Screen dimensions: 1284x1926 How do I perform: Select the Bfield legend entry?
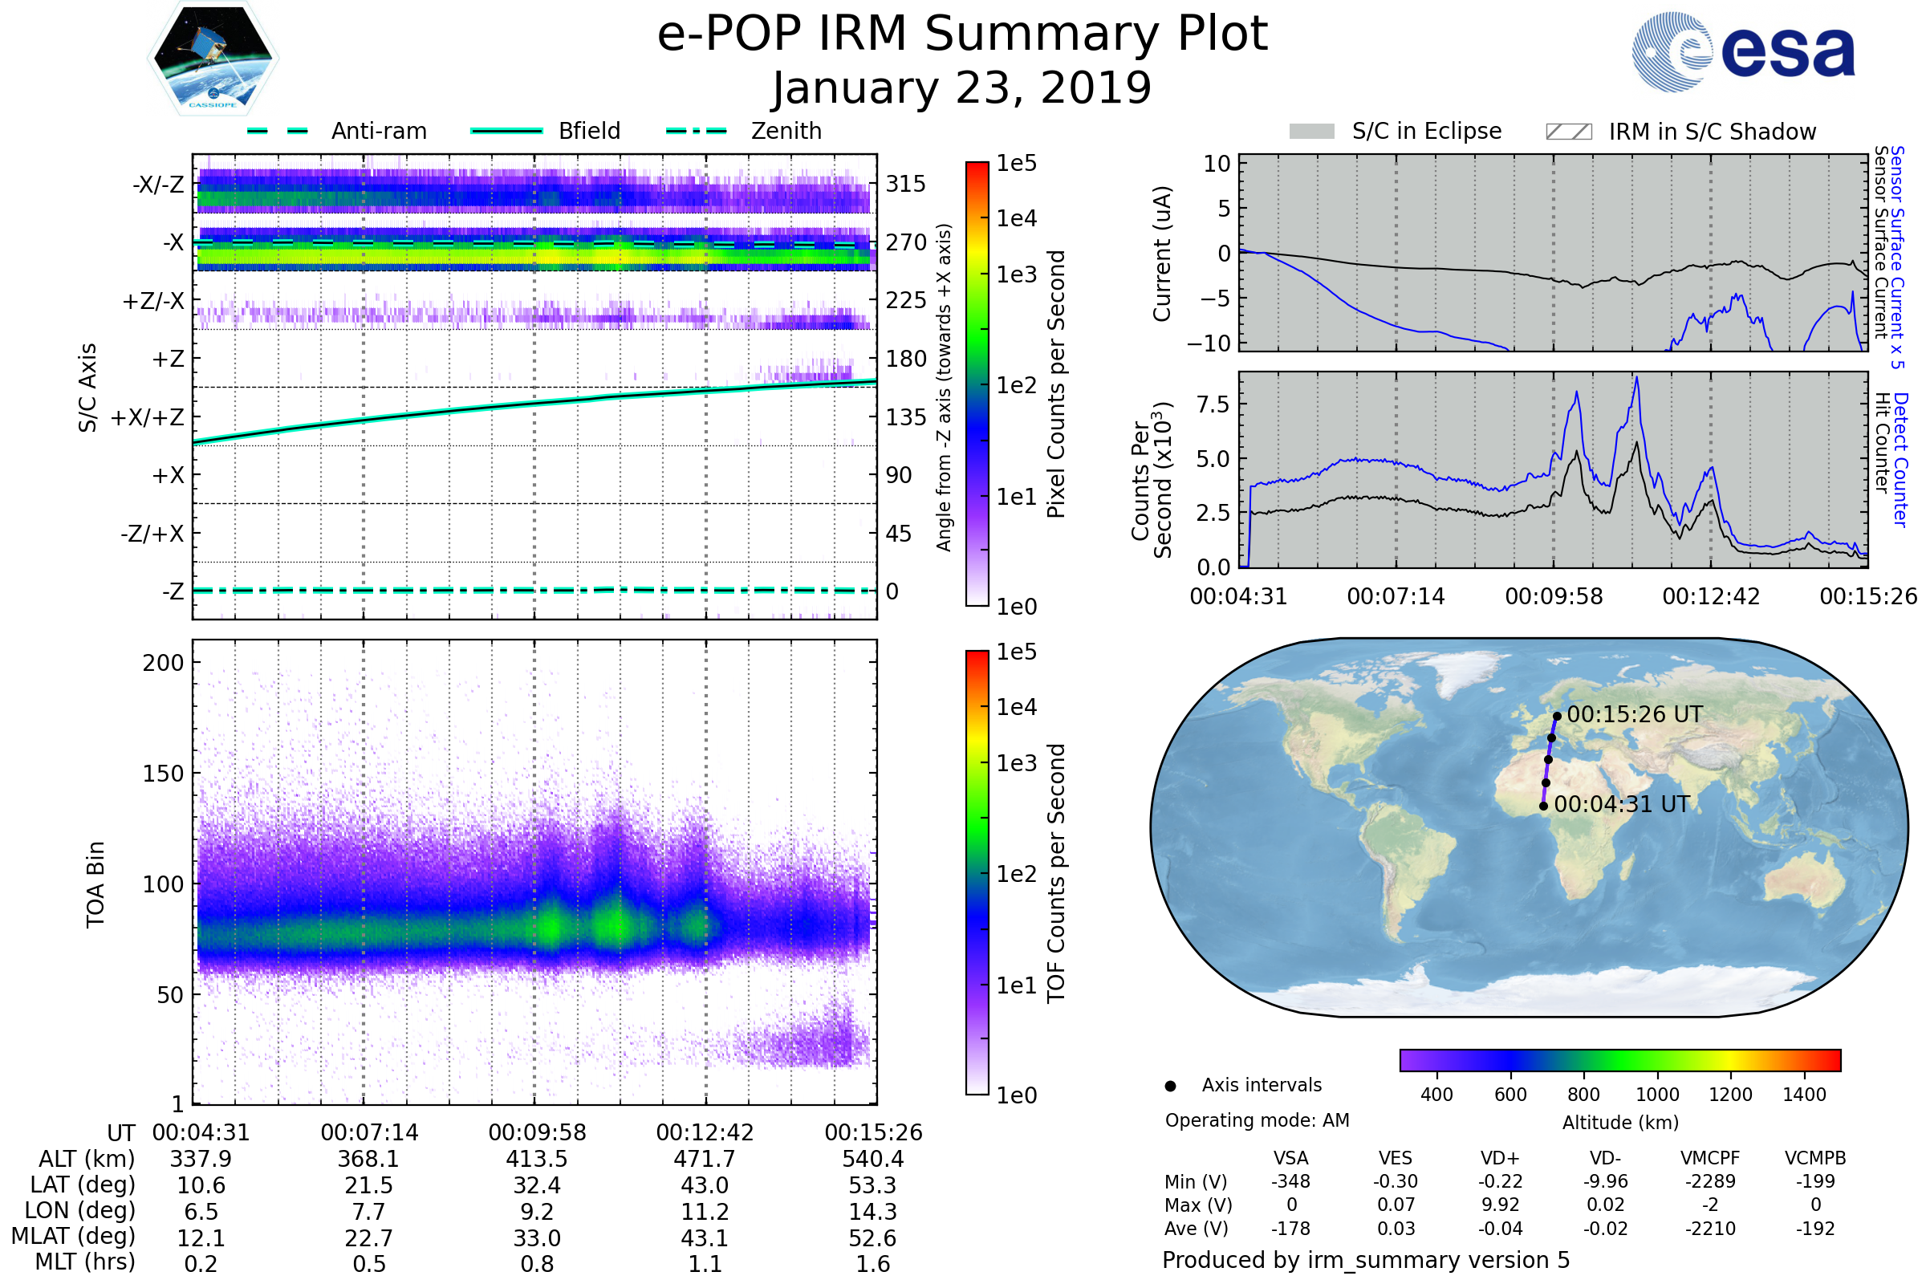point(589,131)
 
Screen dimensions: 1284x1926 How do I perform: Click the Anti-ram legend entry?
point(378,131)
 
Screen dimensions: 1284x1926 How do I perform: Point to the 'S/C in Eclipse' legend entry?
point(1426,132)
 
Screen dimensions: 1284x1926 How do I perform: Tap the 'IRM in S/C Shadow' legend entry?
point(1712,132)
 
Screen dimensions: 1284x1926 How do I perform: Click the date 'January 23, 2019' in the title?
point(961,88)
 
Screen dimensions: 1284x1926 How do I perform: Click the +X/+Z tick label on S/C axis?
point(148,417)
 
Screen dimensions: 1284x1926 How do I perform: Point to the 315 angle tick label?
point(905,184)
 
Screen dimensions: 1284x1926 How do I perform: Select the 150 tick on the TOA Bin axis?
point(163,774)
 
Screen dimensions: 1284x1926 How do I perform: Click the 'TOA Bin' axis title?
point(95,884)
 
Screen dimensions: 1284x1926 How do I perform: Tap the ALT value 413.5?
point(536,1160)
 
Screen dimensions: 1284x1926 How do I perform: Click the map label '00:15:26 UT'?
point(1635,715)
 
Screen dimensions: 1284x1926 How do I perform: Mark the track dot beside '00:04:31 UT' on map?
point(1543,807)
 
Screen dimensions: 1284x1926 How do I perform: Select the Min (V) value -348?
point(1290,1181)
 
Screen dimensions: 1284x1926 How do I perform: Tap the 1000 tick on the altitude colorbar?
point(1657,1095)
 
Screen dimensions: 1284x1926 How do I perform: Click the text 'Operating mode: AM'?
point(1257,1120)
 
